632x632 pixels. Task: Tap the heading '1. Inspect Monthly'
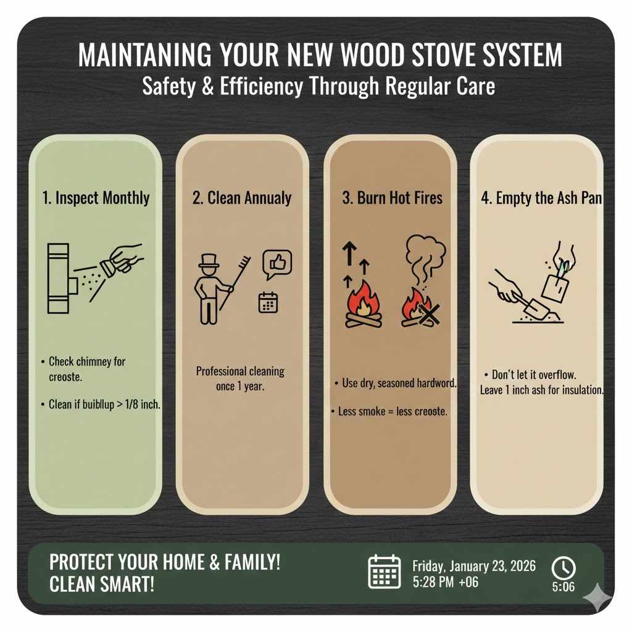96,198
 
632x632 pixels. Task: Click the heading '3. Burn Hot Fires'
392,198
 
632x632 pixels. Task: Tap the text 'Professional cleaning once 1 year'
240,377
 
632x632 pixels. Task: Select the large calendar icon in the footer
385,572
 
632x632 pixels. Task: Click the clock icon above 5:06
563,567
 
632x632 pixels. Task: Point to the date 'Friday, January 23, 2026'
474,565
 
